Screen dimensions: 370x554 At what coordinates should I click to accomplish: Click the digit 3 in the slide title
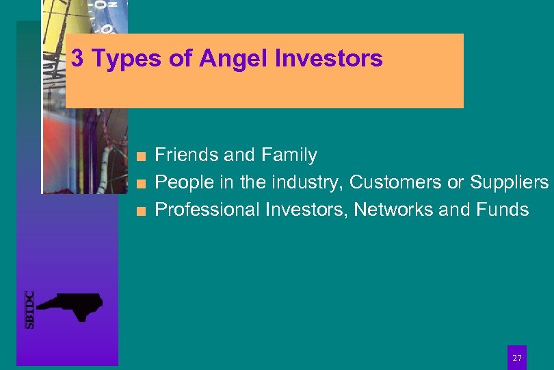(77, 59)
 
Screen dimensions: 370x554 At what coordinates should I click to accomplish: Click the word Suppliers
(509, 183)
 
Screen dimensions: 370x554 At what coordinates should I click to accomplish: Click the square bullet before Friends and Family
(140, 156)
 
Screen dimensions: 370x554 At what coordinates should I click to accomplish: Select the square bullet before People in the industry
(140, 184)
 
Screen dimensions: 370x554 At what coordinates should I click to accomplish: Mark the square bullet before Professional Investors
(140, 210)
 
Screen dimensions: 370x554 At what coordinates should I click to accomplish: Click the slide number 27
(517, 358)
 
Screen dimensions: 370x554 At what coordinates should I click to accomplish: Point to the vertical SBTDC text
(29, 310)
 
